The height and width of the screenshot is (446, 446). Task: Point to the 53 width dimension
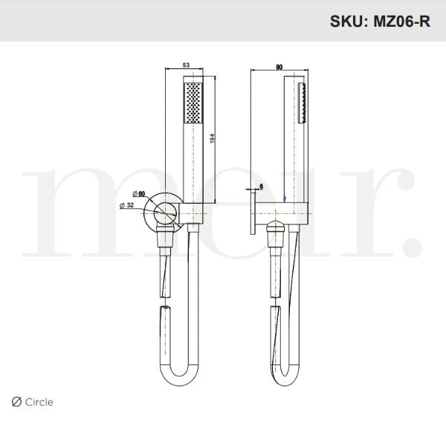185,66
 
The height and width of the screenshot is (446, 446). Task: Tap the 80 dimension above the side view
279,66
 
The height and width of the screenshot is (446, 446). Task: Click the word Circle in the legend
40,402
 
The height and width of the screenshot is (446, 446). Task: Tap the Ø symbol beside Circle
17,402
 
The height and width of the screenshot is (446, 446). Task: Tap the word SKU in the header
346,22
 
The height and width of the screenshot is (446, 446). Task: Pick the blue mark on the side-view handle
286,198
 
